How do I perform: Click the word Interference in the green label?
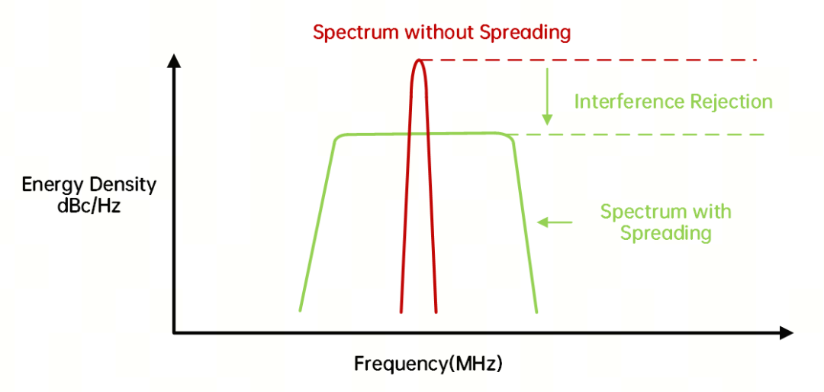[x=624, y=101]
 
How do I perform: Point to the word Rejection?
[x=726, y=102]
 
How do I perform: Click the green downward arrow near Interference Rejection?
[x=548, y=96]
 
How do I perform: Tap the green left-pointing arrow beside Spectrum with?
[x=555, y=222]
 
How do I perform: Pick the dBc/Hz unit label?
[x=89, y=206]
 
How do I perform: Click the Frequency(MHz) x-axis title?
[x=428, y=364]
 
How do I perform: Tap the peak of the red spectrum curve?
[x=419, y=60]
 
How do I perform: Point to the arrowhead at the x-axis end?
[x=786, y=332]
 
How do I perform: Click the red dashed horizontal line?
[x=589, y=60]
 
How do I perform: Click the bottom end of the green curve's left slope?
[x=300, y=310]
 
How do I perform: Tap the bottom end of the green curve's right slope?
[x=536, y=312]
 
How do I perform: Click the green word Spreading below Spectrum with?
[x=666, y=232]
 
